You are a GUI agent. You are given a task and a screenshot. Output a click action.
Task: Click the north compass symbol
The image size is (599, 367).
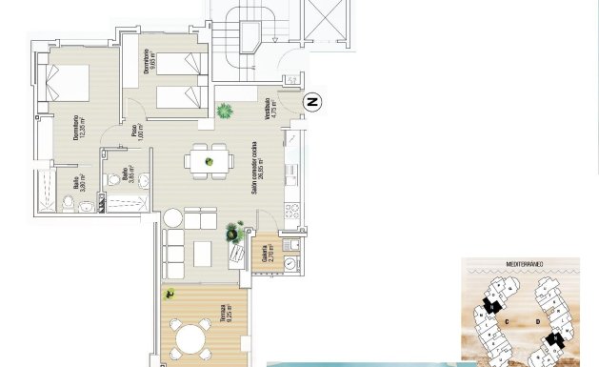pyautogui.click(x=311, y=102)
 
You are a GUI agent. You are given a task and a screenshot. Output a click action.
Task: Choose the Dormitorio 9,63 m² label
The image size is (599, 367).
pyautogui.click(x=148, y=62)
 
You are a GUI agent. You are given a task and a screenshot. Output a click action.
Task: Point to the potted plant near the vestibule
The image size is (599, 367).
pyautogui.click(x=225, y=111)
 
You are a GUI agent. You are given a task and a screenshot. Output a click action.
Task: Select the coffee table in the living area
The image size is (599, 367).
pyautogui.click(x=203, y=254)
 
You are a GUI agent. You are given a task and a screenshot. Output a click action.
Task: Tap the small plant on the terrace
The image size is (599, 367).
pyautogui.click(x=170, y=295)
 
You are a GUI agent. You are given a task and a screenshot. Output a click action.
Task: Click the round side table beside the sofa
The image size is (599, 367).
pyautogui.click(x=171, y=218)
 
